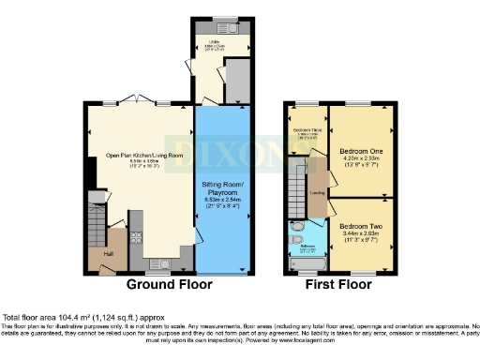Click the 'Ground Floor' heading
coord(169,284)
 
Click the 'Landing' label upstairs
coord(317,194)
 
